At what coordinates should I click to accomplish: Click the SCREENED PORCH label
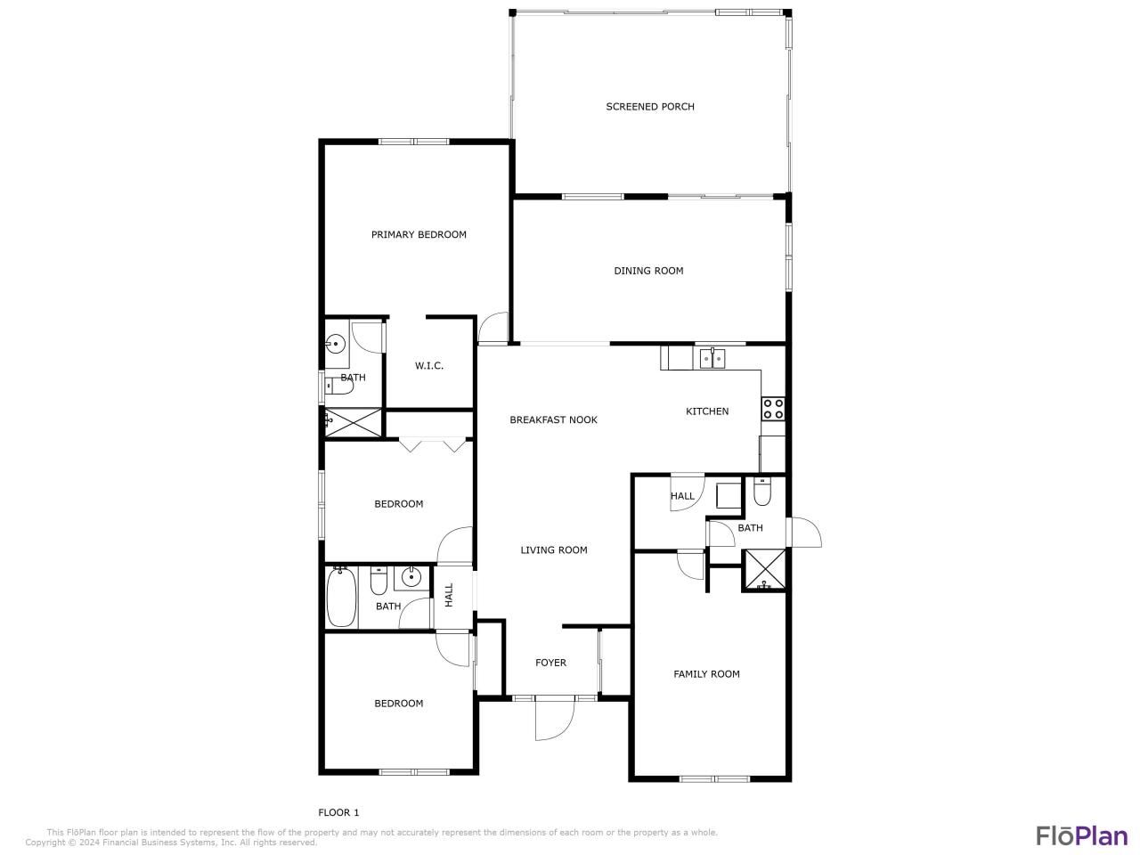coord(650,107)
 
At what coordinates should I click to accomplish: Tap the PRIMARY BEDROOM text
coord(419,235)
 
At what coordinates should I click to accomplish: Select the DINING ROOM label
coord(648,271)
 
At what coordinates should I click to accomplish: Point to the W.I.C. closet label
coord(429,366)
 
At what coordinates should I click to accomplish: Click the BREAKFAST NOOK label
coord(553,419)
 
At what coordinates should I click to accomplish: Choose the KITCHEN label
coord(707,411)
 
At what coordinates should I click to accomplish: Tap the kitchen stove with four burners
coord(772,409)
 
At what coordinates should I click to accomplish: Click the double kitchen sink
coord(712,358)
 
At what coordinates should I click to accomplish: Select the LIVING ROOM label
coord(554,550)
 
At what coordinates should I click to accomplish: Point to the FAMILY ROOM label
coord(706,674)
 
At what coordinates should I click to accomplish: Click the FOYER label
coord(550,663)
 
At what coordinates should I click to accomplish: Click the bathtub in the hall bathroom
coord(341,598)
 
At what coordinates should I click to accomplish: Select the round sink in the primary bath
coord(336,343)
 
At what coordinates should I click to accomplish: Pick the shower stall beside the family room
coord(765,571)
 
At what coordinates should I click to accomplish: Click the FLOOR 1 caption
coord(338,812)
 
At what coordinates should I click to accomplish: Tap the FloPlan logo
coord(1082,835)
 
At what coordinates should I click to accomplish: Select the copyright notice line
coord(171,843)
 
